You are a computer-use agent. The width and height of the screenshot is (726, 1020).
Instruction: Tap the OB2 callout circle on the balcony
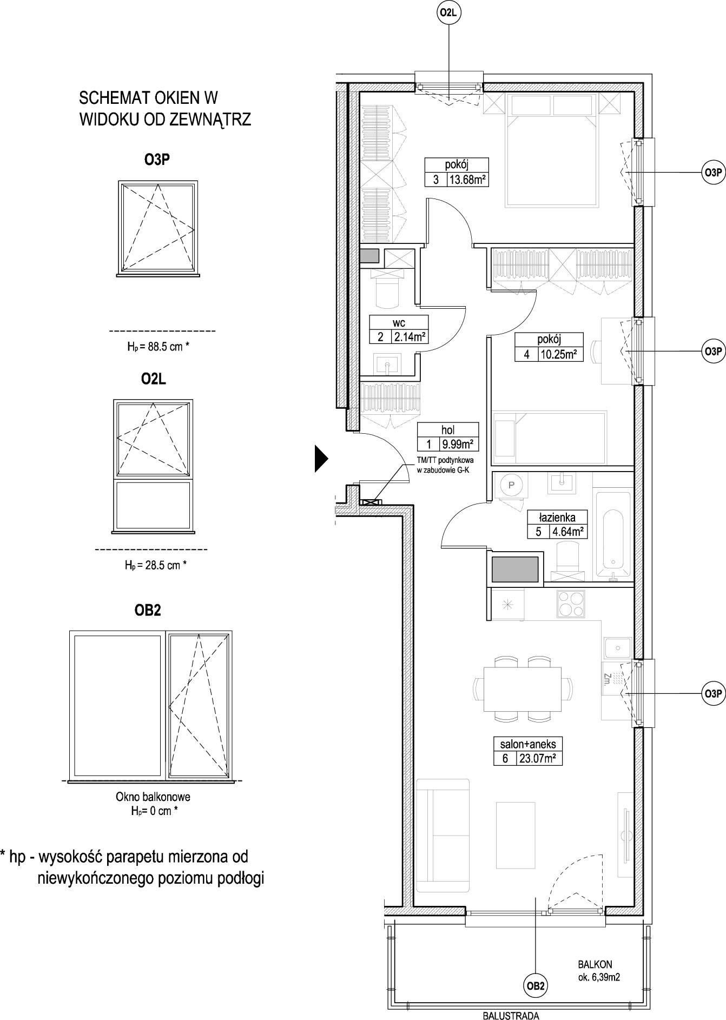coord(536,986)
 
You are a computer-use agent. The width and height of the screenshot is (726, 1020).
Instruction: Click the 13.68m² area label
coord(467,180)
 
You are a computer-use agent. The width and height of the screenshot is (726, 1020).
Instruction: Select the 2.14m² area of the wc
coord(408,337)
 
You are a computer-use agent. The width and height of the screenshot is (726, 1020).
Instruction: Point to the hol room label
coord(448,430)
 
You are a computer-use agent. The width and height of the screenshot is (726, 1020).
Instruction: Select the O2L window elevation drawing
coord(153,466)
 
